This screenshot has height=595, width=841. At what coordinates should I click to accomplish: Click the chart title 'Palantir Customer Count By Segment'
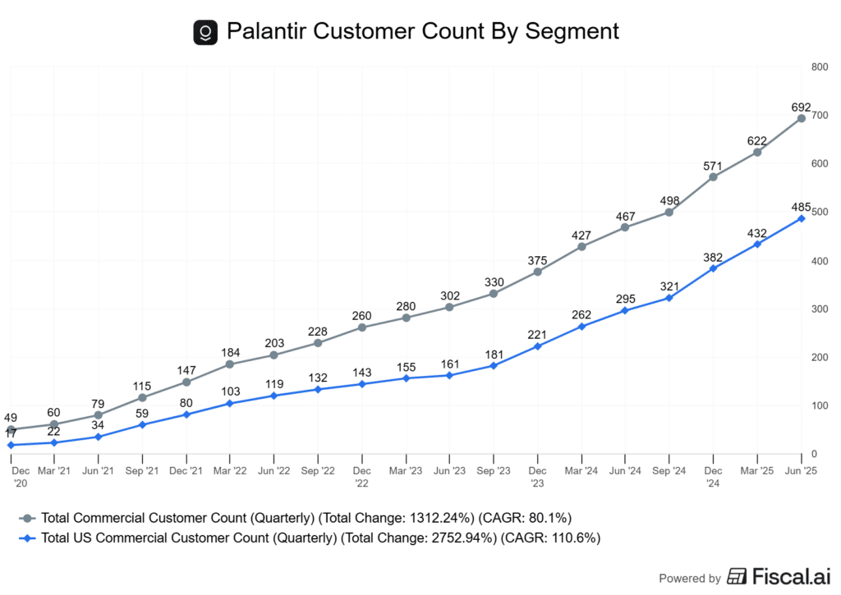422,32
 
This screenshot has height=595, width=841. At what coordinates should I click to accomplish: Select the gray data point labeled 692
802,118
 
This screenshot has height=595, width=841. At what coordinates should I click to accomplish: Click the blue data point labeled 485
802,218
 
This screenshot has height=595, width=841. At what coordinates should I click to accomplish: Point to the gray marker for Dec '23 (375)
538,272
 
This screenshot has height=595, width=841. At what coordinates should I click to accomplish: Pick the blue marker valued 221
538,346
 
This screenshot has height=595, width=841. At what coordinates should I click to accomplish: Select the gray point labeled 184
230,364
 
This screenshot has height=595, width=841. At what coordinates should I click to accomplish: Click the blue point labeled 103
230,403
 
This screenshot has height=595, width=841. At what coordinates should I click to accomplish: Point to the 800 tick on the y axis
818,67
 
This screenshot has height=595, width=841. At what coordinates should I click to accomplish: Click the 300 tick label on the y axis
818,309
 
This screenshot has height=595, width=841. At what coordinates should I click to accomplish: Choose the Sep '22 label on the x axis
318,471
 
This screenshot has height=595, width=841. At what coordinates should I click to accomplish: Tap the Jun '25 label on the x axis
800,471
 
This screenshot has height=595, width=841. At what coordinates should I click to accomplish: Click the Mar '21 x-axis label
54,471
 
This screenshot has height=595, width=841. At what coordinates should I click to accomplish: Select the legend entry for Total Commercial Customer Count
296,518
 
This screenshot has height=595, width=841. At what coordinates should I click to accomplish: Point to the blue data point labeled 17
11,445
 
